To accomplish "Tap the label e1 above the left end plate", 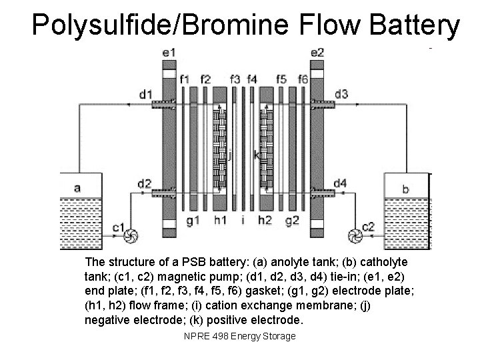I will pyautogui.click(x=169, y=51).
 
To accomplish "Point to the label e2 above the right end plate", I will pyautogui.click(x=317, y=51).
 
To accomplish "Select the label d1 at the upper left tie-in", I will pyautogui.click(x=146, y=94).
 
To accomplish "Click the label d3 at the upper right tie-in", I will pyautogui.click(x=341, y=94).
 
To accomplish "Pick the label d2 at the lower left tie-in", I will pyautogui.click(x=144, y=183).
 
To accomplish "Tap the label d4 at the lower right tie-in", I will pyautogui.click(x=340, y=183).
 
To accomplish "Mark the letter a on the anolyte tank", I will pyautogui.click(x=77, y=188).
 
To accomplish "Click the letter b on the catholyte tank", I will pyautogui.click(x=406, y=189).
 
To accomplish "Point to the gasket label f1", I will pyautogui.click(x=186, y=79).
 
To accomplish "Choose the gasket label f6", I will pyautogui.click(x=303, y=79).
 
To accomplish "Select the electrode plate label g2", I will pyautogui.click(x=291, y=220).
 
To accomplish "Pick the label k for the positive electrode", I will pyautogui.click(x=257, y=155).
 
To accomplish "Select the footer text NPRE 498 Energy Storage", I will pyautogui.click(x=239, y=336).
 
